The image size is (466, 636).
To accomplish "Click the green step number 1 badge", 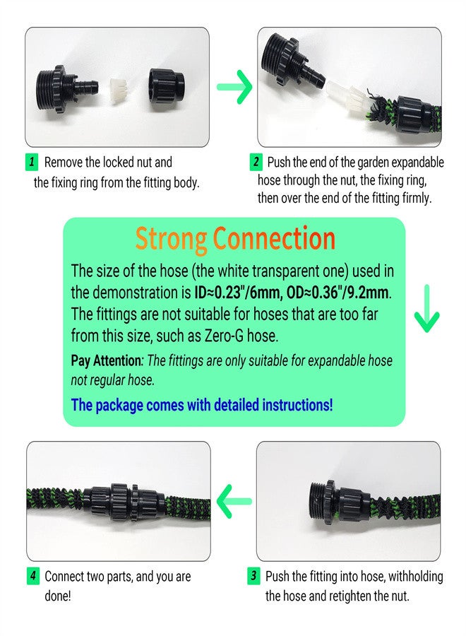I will (32, 163).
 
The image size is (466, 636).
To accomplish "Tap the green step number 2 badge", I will (256, 163).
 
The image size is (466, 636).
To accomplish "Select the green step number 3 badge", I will (254, 576).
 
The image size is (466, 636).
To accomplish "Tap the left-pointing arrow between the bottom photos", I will (234, 502).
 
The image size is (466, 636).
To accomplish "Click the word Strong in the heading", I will (171, 239).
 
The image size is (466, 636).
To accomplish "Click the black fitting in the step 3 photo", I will (331, 503).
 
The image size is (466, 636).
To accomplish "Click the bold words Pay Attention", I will (106, 360).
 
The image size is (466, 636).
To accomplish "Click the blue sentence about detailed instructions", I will (202, 405).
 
